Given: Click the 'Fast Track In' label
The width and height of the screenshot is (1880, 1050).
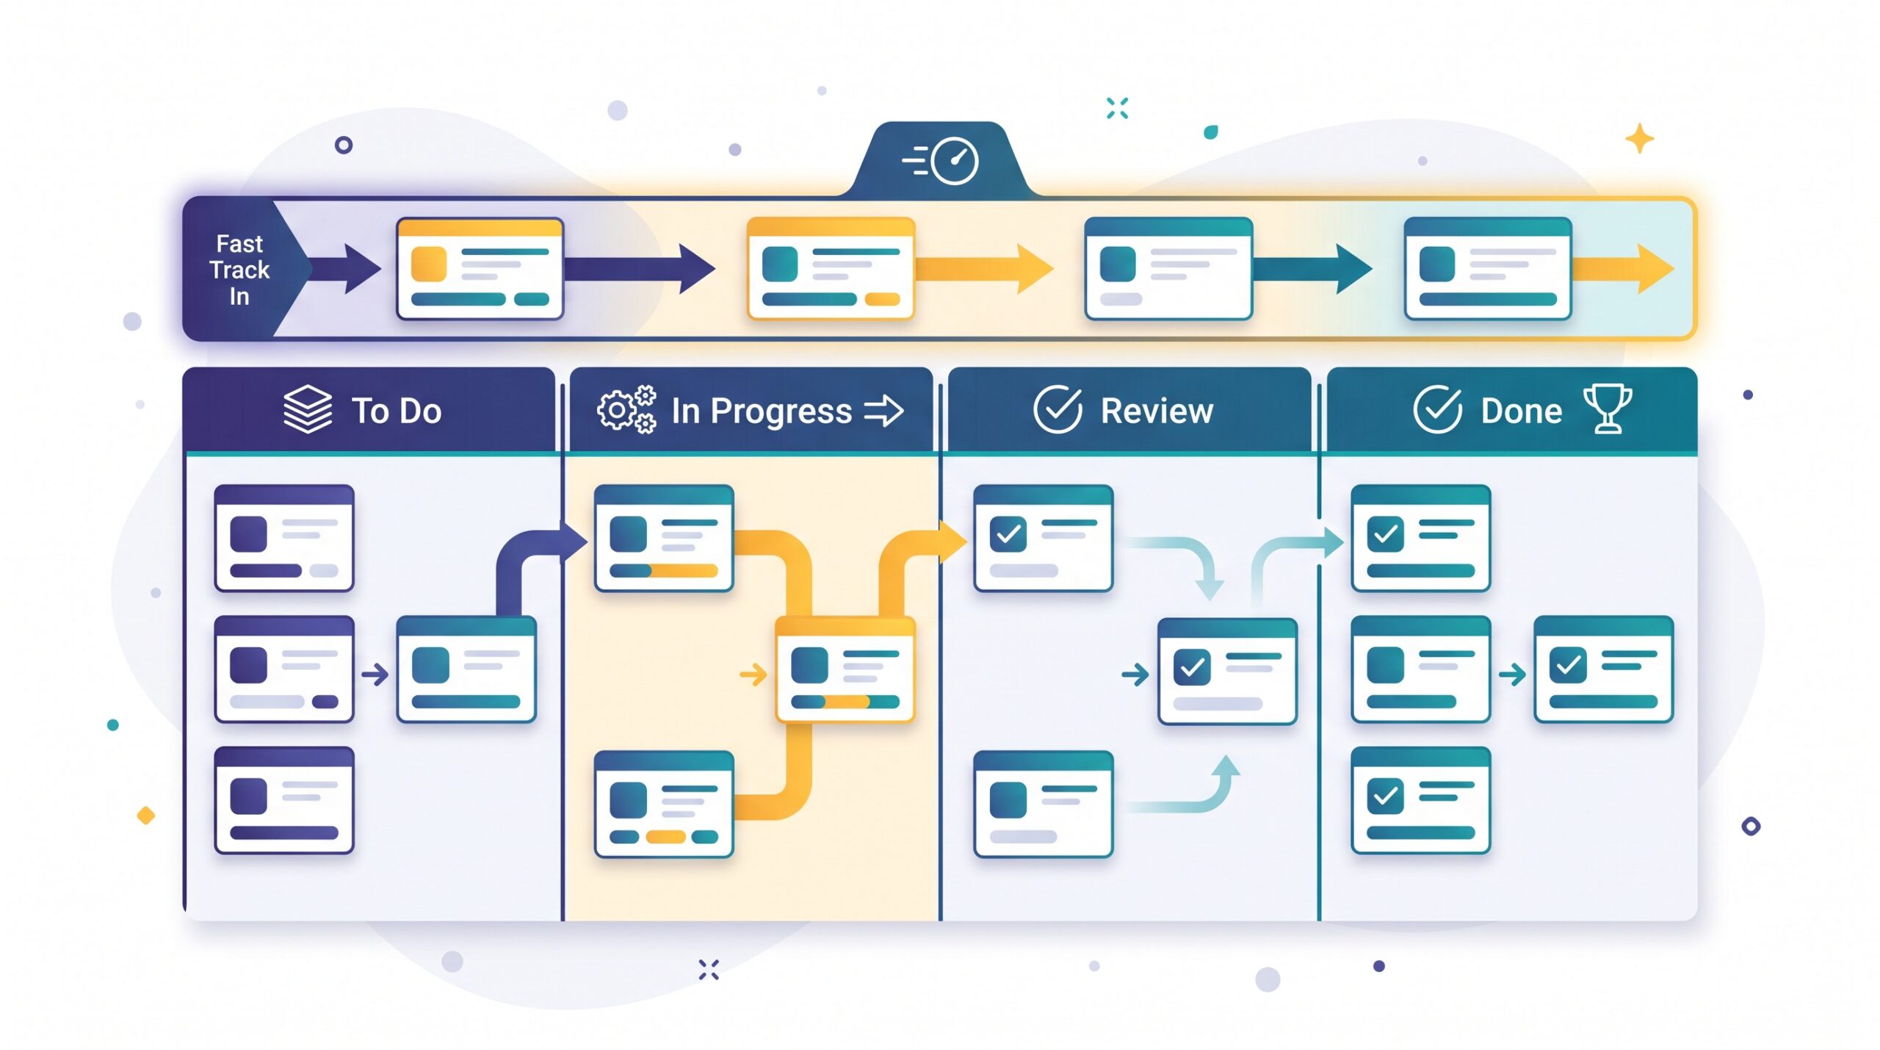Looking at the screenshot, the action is [239, 270].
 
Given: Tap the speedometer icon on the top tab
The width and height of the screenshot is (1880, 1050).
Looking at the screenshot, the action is [954, 160].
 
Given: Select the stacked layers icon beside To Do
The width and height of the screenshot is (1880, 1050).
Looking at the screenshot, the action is [308, 409].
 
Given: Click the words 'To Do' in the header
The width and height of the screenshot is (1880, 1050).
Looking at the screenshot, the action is [397, 411].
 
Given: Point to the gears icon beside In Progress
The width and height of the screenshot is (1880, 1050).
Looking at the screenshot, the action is [626, 409].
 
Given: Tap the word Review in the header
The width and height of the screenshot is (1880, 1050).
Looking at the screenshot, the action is [1157, 411].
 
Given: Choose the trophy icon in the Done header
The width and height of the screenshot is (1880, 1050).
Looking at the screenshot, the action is [1608, 409].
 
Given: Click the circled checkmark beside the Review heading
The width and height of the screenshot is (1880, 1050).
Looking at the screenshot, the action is [1057, 409].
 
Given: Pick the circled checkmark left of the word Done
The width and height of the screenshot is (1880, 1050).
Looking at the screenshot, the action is [1437, 409].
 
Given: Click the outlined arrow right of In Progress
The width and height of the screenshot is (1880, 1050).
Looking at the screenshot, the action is [883, 411].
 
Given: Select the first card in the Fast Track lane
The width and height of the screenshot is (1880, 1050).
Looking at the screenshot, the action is [480, 268].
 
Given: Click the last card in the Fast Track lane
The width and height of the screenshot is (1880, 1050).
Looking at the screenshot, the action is [1488, 268].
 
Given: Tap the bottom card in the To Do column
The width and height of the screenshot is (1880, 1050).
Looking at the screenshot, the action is [284, 800].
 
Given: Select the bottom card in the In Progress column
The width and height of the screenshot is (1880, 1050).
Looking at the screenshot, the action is [664, 804].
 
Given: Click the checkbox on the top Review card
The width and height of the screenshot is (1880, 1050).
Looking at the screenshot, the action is [1008, 534].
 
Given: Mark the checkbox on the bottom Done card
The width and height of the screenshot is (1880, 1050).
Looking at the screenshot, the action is [1386, 797].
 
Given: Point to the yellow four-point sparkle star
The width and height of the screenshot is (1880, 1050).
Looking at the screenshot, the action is [1639, 139].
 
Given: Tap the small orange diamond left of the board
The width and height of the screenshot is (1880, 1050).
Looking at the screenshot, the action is [146, 816].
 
